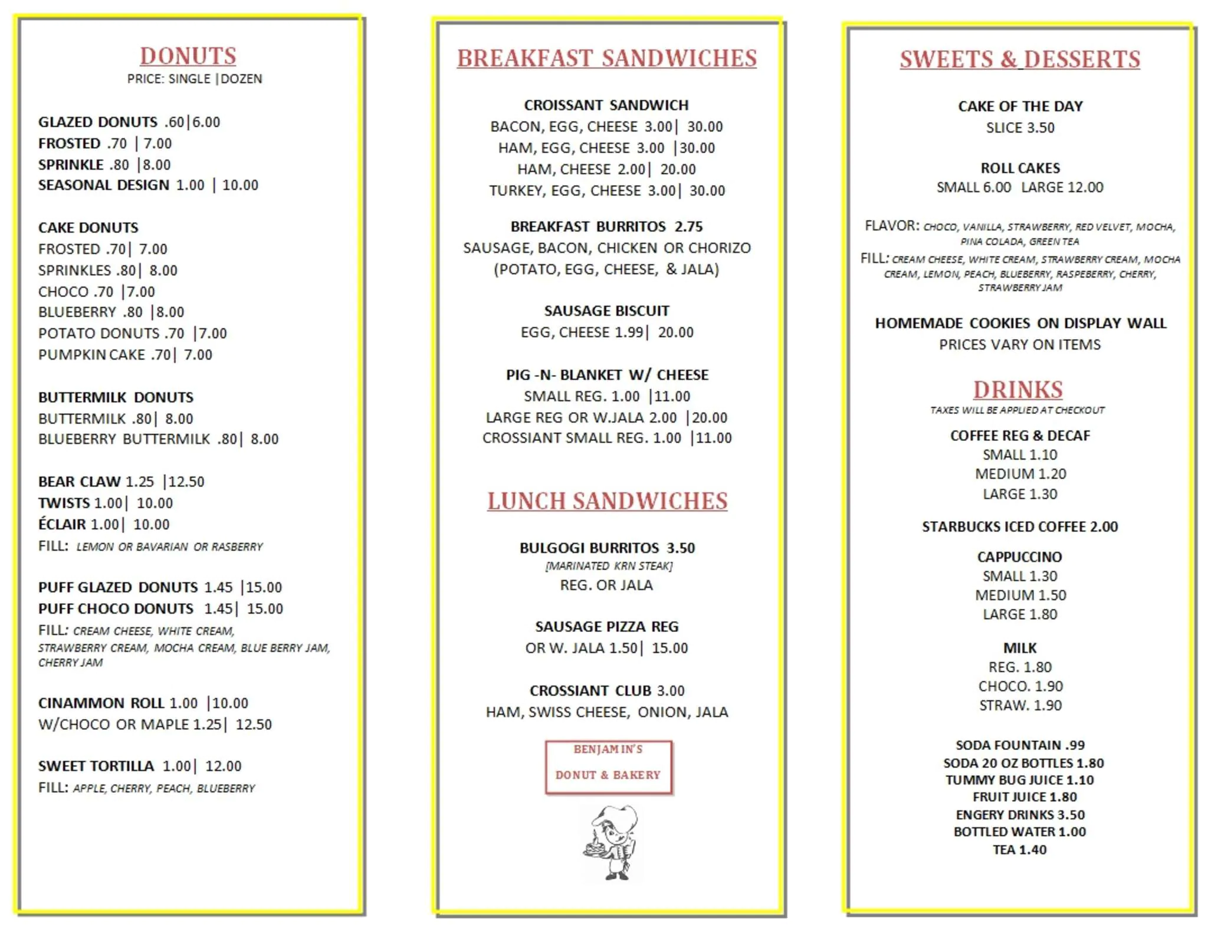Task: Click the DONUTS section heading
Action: [188, 56]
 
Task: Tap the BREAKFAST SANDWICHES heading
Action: [606, 58]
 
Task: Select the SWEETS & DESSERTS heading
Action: [1019, 60]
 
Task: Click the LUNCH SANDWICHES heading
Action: [607, 501]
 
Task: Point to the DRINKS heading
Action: [1017, 390]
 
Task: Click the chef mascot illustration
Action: [612, 842]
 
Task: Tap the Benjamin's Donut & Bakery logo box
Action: [608, 767]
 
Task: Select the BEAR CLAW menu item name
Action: [79, 482]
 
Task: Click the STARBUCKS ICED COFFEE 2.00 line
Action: [1019, 526]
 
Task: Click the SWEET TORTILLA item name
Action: [96, 766]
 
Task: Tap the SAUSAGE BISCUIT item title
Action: [606, 311]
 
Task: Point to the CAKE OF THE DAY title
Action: [1020, 106]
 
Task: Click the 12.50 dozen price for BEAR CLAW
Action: [186, 482]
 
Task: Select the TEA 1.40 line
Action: [1019, 850]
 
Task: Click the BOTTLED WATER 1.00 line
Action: [1019, 832]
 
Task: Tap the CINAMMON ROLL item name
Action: [101, 703]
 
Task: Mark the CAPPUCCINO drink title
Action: [1019, 557]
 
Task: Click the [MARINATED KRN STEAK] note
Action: [608, 566]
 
